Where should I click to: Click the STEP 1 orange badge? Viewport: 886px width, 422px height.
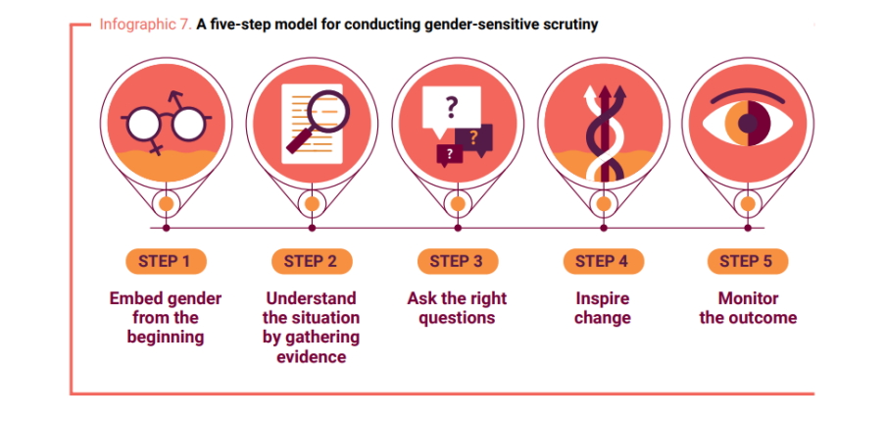click(166, 261)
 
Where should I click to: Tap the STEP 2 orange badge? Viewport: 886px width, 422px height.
click(312, 261)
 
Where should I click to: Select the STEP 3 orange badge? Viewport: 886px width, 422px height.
click(458, 261)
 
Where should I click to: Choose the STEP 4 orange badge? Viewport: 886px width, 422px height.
click(603, 261)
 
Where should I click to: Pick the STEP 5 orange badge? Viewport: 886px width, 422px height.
click(748, 261)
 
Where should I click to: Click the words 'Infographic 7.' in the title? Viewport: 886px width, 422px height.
click(146, 25)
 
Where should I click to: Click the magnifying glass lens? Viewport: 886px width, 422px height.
click(328, 112)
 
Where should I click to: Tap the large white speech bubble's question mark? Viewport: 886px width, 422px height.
click(450, 107)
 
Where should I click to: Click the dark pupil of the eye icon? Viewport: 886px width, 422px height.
click(748, 123)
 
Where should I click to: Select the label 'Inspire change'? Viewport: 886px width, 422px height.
click(603, 308)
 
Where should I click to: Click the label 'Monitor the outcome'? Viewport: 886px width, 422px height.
click(748, 308)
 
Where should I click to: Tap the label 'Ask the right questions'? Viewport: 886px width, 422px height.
click(457, 308)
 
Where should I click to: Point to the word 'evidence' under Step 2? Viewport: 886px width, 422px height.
click(312, 357)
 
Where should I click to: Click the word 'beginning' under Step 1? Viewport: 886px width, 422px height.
click(165, 338)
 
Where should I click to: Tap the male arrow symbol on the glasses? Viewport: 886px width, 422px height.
click(177, 98)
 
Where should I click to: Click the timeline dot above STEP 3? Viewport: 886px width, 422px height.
click(458, 228)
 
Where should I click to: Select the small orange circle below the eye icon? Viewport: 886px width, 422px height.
click(748, 204)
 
